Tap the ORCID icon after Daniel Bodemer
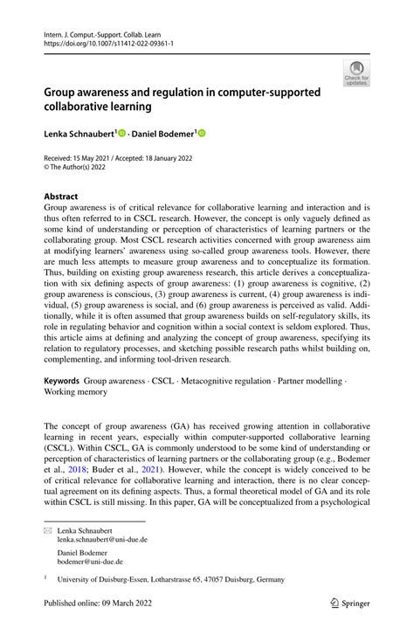click(202, 134)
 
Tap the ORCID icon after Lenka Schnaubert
click(122, 134)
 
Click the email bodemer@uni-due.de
click(91, 562)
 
